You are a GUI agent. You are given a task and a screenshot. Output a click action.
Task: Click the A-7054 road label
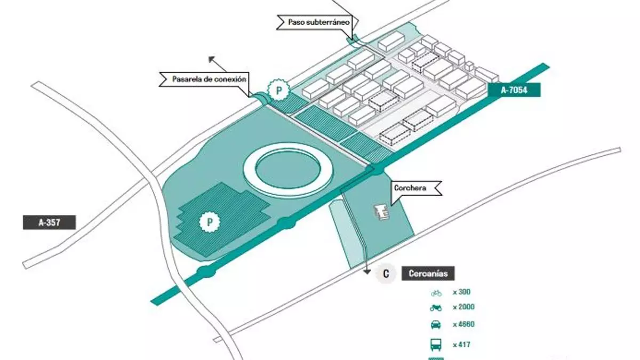coord(514,90)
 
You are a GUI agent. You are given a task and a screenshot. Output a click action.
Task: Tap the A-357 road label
coord(49,222)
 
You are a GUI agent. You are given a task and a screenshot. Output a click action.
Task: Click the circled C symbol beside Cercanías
coord(386,274)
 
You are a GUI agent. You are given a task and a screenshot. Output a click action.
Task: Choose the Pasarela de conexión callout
coord(209,79)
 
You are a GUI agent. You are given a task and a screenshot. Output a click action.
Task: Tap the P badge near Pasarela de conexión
coord(278,91)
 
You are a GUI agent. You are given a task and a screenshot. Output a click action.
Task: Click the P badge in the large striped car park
coord(210,221)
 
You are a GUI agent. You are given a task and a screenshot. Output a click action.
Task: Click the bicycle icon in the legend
coord(436,292)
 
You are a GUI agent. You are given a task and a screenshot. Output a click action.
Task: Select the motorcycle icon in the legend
coord(436,307)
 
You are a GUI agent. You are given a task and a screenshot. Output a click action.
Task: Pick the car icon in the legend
coord(436,325)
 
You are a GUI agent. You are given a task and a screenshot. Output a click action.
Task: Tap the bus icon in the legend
coord(436,344)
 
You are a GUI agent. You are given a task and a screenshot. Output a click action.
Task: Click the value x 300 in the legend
coord(462,292)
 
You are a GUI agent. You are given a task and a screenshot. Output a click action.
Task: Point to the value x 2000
coord(463,307)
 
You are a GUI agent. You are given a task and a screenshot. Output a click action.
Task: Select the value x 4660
coord(463,325)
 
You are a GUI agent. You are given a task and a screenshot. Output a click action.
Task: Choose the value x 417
coord(461,344)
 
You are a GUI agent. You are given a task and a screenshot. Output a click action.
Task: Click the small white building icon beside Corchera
coord(382,212)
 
